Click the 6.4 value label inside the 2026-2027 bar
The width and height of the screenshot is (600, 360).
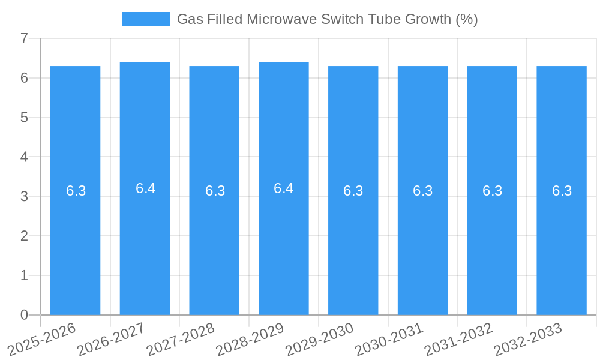pos(145,188)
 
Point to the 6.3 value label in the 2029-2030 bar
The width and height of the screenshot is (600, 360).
pos(353,191)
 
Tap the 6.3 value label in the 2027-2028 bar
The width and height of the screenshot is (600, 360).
pos(215,191)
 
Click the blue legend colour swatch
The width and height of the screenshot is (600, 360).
pos(146,19)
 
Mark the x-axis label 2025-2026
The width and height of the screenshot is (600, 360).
pos(42,338)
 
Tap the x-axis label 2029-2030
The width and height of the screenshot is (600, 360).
pos(320,338)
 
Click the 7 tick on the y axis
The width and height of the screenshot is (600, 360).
pos(24,38)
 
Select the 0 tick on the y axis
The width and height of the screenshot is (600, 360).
pos(24,315)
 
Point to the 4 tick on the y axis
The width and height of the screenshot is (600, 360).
pos(24,157)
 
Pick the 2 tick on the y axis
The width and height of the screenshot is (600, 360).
pos(24,236)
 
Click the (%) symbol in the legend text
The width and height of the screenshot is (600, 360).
pos(466,19)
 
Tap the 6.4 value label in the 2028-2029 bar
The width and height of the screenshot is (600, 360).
pos(284,188)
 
